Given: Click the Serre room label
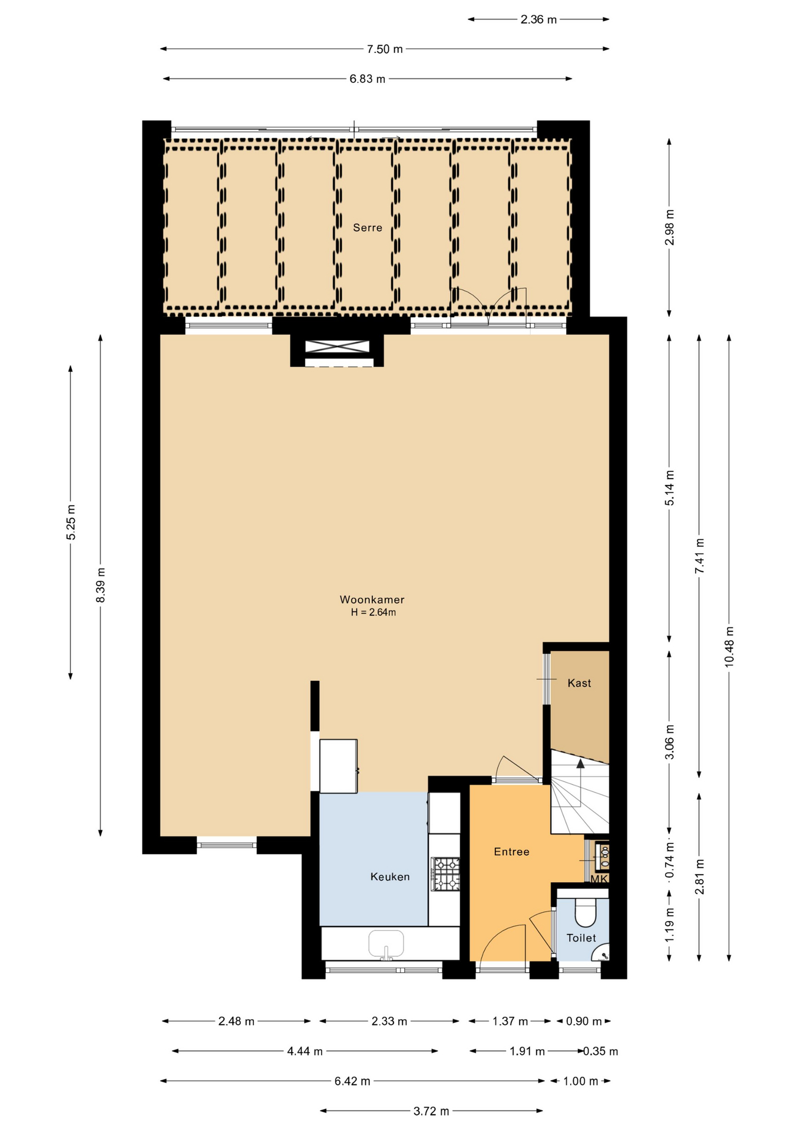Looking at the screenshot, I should click(x=368, y=228).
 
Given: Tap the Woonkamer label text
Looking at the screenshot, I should click(x=372, y=600).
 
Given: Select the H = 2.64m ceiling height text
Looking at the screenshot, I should click(x=373, y=613).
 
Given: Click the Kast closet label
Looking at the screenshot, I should click(x=579, y=683).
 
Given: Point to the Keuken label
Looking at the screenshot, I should click(x=390, y=877).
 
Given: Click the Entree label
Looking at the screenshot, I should click(x=511, y=852).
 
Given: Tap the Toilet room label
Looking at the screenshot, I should click(x=581, y=938).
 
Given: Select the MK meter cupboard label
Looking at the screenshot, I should click(x=599, y=879).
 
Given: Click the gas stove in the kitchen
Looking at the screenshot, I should click(x=445, y=874).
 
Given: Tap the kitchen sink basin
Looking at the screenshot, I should click(x=386, y=943).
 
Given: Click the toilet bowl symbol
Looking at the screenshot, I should click(x=586, y=913).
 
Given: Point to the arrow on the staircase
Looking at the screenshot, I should click(x=580, y=764).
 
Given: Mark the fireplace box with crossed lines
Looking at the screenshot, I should click(x=337, y=347).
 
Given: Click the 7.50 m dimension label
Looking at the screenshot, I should click(x=385, y=49).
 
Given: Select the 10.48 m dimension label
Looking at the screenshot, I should click(x=729, y=646).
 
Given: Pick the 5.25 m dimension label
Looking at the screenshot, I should click(x=71, y=522).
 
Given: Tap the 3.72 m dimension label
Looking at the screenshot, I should click(x=431, y=1111).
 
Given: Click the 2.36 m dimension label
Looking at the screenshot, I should click(x=538, y=19).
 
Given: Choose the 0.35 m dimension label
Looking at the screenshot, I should click(x=601, y=1051).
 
